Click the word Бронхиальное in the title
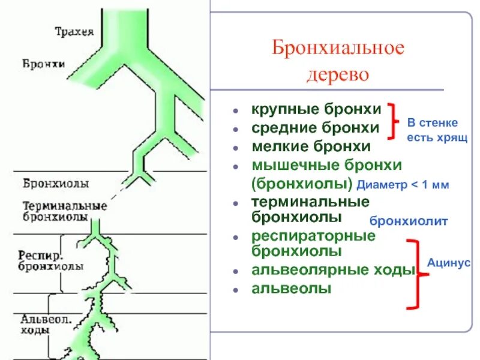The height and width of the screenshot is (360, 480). pos(338,49)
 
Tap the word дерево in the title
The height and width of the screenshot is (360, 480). pos(338,76)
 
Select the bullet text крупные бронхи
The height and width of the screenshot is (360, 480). pos(316,110)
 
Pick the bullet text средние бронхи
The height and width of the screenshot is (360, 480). pos(315,128)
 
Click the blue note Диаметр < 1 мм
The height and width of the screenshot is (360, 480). pos(403,185)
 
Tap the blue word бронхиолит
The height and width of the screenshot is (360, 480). pos(409,221)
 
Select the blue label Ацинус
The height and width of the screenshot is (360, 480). pos(449,263)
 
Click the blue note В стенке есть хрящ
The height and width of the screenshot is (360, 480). pos(433,130)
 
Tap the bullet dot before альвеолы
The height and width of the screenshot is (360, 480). pos(238,290)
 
